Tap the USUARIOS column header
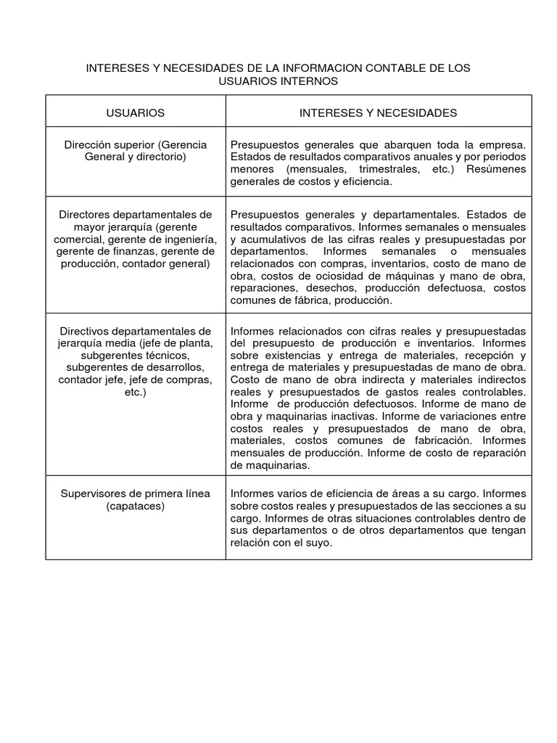point(136,112)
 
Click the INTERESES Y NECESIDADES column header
point(378,112)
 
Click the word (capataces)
point(136,506)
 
